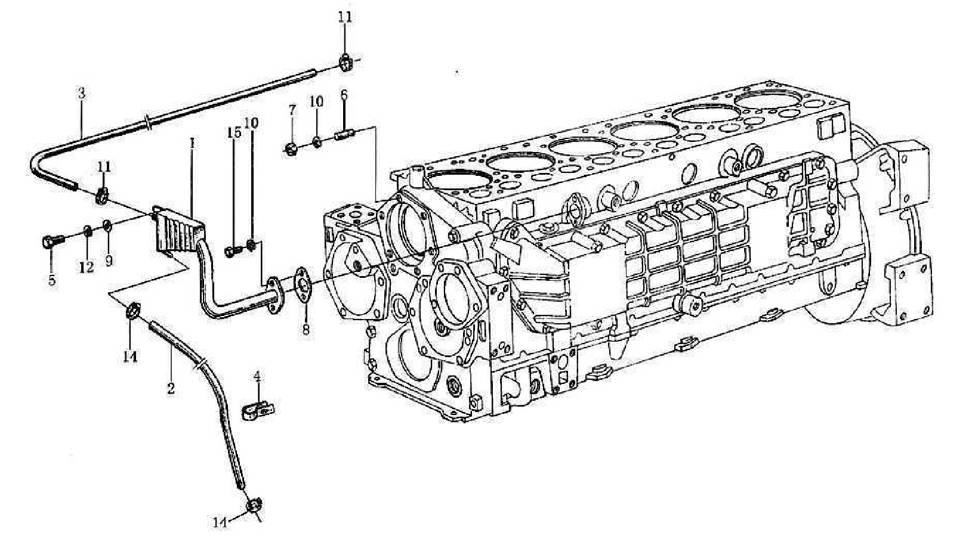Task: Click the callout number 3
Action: point(82,94)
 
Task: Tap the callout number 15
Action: point(234,132)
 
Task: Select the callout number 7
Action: point(292,110)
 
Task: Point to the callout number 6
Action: point(344,95)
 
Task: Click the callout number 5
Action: point(52,280)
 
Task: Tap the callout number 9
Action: point(109,260)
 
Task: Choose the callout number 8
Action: point(306,329)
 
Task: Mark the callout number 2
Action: point(171,388)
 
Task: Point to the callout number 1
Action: point(192,144)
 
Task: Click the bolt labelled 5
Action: point(50,241)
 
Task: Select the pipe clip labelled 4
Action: point(258,410)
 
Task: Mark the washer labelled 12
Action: point(87,231)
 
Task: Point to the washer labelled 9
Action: point(107,225)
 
